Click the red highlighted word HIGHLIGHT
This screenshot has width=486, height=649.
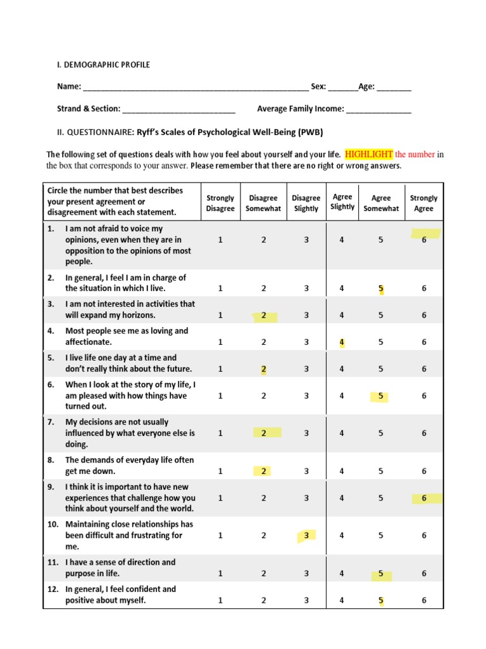369,154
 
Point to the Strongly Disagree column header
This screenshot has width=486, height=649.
220,203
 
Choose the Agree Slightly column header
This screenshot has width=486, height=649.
342,202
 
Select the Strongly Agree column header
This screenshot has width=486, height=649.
423,203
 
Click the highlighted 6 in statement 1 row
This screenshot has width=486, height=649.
424,240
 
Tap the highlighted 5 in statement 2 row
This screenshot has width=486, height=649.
381,288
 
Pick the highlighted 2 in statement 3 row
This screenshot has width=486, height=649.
263,315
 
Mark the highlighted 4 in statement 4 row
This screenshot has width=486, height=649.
342,342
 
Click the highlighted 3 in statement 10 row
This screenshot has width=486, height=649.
306,536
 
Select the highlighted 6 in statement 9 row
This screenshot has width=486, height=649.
424,498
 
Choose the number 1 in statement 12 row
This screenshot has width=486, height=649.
220,600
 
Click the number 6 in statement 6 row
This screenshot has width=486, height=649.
424,395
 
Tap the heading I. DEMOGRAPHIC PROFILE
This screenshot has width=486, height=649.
104,65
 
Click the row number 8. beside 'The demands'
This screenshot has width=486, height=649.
51,460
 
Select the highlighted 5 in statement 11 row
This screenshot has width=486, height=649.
381,574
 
